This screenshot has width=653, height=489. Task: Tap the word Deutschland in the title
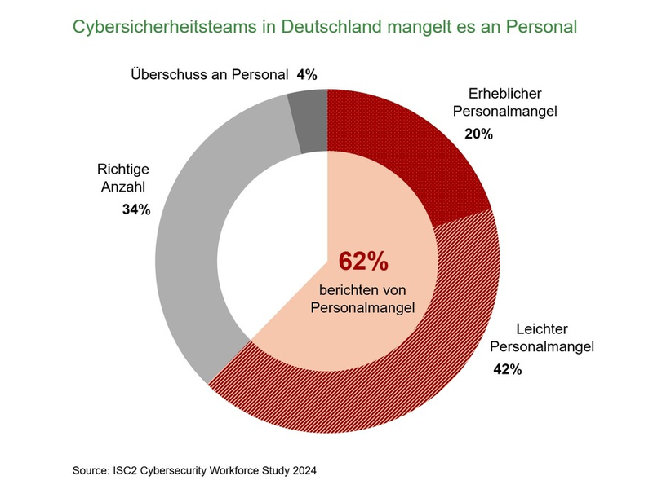click(326, 27)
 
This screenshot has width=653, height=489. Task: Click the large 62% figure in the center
click(363, 262)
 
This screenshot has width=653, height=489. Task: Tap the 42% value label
click(507, 369)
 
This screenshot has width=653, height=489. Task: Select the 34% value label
click(136, 209)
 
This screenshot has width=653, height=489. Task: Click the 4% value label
click(307, 75)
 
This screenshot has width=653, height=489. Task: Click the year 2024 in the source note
click(301, 470)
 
